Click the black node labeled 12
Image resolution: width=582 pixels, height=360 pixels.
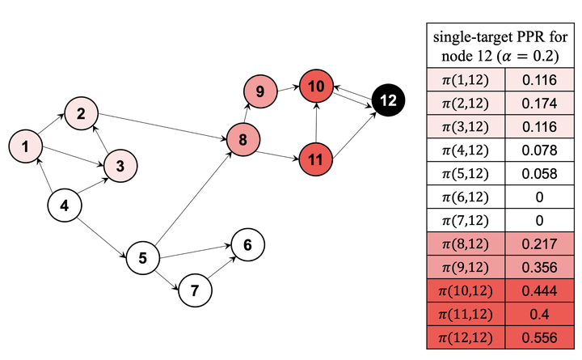tap(388, 100)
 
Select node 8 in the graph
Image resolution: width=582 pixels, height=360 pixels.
tap(242, 140)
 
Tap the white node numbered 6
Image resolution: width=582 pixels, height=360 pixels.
tap(247, 245)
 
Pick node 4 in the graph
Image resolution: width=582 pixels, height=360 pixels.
tap(65, 205)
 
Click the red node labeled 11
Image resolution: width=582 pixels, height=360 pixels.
tap(315, 159)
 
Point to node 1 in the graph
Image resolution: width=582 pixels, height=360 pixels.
tap(25, 146)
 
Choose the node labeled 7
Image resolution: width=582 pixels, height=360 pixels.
tap(196, 290)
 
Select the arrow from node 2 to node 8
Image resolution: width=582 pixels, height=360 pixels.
tap(162, 127)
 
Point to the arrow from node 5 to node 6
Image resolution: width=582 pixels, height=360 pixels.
tap(196, 252)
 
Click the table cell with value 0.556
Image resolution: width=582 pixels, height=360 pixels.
tap(539, 337)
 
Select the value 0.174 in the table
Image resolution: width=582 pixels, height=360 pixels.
tap(539, 103)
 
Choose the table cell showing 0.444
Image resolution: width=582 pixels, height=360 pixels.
tap(539, 290)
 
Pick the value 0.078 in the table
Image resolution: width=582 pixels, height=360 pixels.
tap(539, 150)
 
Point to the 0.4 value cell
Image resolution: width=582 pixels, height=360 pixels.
tap(539, 314)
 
